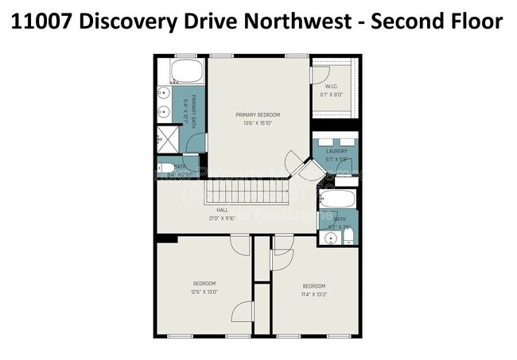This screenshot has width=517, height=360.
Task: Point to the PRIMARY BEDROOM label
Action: [258, 115]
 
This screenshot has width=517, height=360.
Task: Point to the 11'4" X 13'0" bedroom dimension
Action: [315, 295]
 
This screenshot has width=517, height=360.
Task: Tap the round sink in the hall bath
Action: [330, 236]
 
